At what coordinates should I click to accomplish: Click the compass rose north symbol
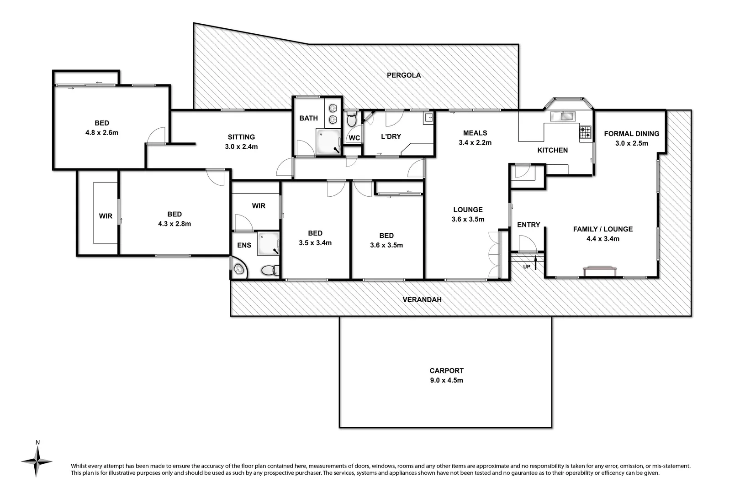tap(37, 461)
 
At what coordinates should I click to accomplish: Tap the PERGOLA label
tap(403, 75)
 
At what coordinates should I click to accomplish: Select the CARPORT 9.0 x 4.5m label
tap(446, 375)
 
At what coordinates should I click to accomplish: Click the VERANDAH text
tap(422, 300)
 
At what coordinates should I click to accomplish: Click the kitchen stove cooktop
tap(585, 132)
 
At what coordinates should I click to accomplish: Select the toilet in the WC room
tap(351, 121)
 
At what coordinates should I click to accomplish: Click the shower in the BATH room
tap(328, 142)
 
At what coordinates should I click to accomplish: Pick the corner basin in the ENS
tap(238, 269)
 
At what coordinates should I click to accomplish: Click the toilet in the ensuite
tap(270, 270)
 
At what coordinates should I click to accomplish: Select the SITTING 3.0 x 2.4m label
tap(241, 142)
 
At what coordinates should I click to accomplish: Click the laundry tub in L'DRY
tap(428, 118)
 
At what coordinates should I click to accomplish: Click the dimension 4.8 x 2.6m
tap(101, 133)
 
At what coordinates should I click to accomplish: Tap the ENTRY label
tap(529, 225)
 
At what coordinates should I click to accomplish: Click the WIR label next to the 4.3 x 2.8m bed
tap(106, 216)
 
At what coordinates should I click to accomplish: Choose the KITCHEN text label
tap(552, 150)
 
